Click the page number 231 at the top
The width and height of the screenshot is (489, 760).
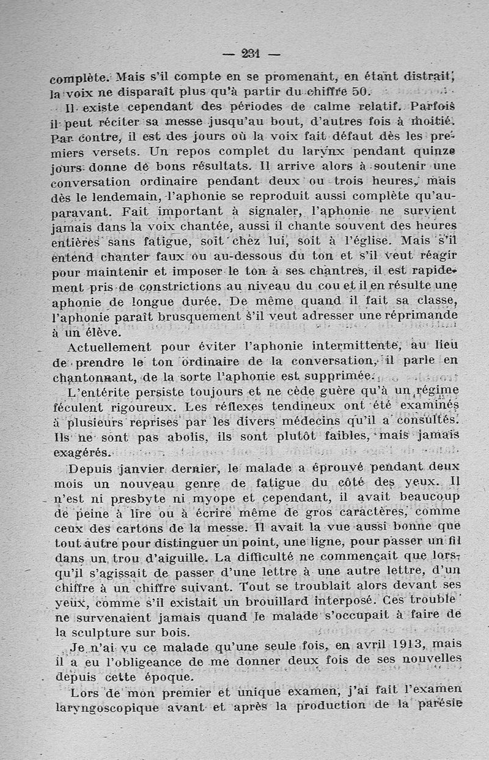(x=251, y=53)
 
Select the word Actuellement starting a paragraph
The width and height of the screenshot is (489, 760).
(x=107, y=348)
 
